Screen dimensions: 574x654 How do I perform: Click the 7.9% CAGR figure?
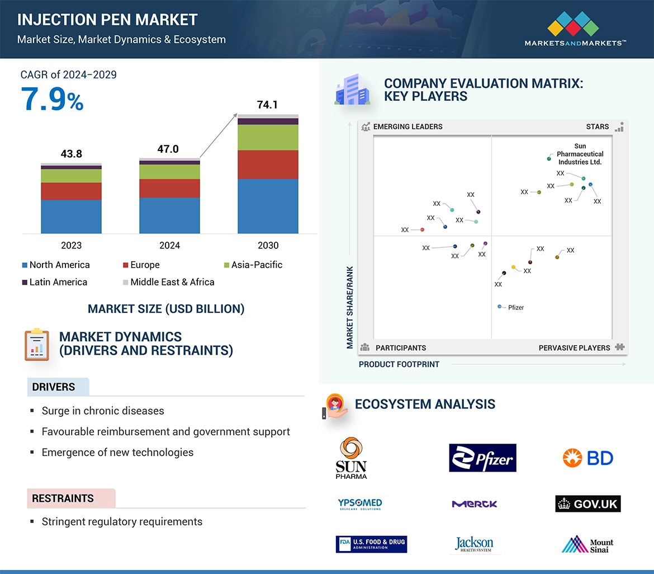point(52,99)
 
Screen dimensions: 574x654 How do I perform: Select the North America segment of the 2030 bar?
point(268,206)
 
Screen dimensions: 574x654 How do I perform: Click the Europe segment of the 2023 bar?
point(71,191)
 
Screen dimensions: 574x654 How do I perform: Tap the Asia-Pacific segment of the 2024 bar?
point(169,172)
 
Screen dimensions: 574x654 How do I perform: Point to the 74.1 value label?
point(267,105)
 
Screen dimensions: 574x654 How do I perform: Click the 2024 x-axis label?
point(169,245)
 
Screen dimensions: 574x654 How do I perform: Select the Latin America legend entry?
point(54,282)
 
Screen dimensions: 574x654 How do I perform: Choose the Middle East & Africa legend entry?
point(168,282)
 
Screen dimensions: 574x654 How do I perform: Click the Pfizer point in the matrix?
point(500,307)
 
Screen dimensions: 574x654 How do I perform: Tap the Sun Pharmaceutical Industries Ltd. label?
point(580,154)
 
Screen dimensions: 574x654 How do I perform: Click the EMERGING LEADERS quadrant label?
point(407,126)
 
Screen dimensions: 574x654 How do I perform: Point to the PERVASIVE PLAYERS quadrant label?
point(574,347)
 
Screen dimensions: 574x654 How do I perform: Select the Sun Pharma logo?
point(351,458)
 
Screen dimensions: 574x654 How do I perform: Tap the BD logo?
point(587,458)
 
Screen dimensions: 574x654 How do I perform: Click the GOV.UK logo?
point(587,504)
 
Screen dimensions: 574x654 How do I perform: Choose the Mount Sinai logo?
point(587,544)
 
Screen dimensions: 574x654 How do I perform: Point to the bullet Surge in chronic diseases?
point(103,411)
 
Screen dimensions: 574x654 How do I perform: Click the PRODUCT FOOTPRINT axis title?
point(399,364)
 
